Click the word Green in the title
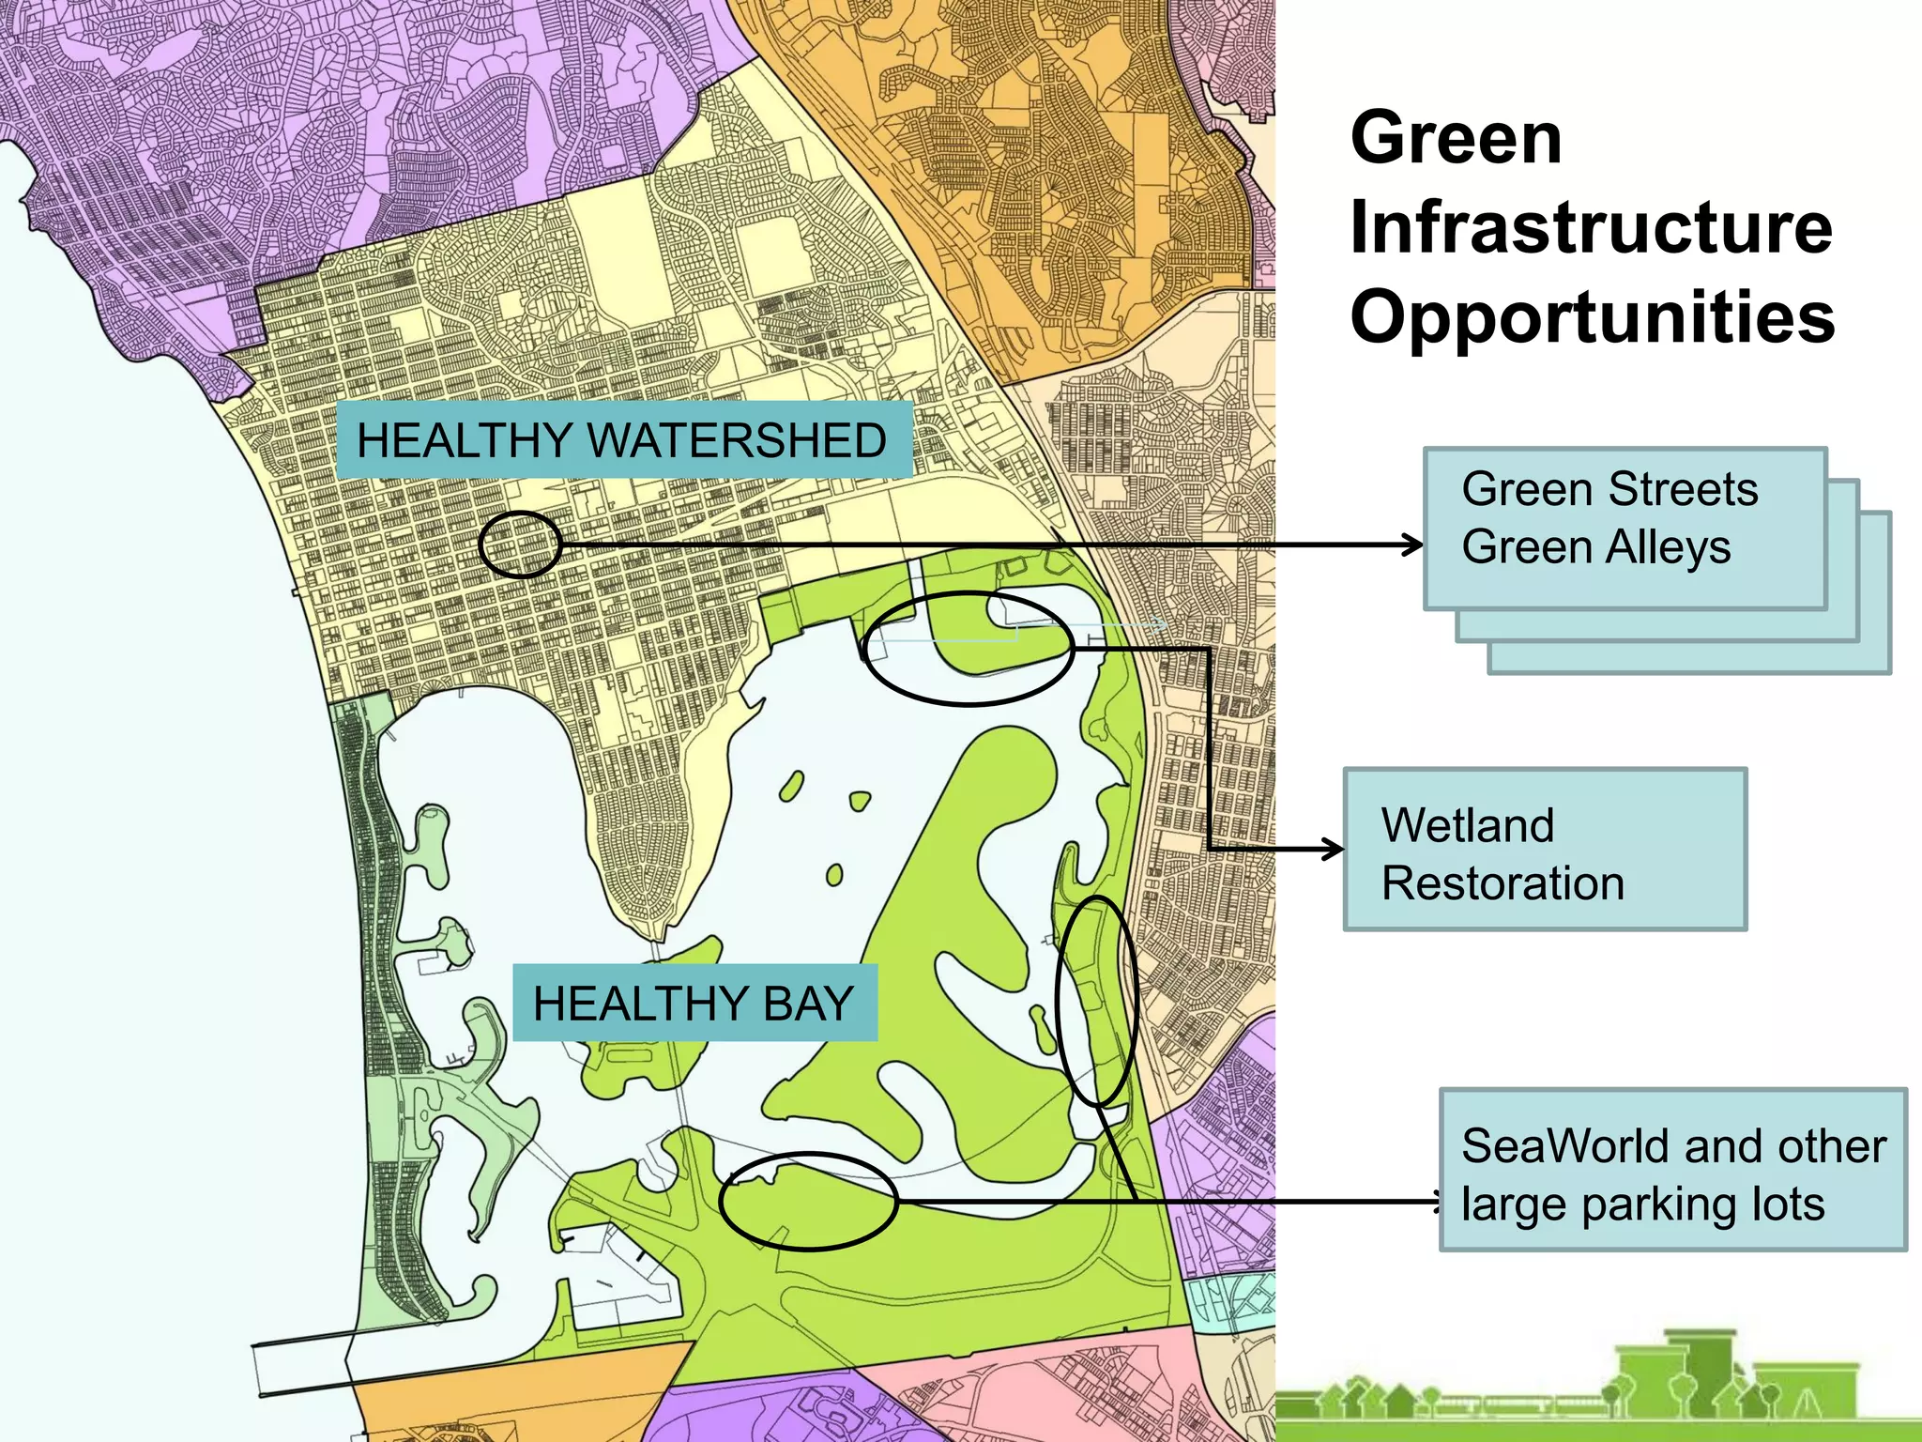pos(1456,138)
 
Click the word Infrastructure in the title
pos(1591,228)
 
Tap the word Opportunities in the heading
pos(1593,316)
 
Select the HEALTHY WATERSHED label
pos(622,440)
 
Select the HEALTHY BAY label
pos(694,1003)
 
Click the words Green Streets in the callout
pos(1609,489)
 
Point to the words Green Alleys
pos(1595,547)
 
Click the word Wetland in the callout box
pos(1468,826)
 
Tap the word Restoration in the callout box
pos(1503,883)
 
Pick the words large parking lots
pos(1642,1204)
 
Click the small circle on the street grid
pos(519,545)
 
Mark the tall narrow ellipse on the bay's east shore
pos(1096,1001)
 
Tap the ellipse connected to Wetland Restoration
pos(969,648)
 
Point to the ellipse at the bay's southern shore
pos(808,1202)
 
